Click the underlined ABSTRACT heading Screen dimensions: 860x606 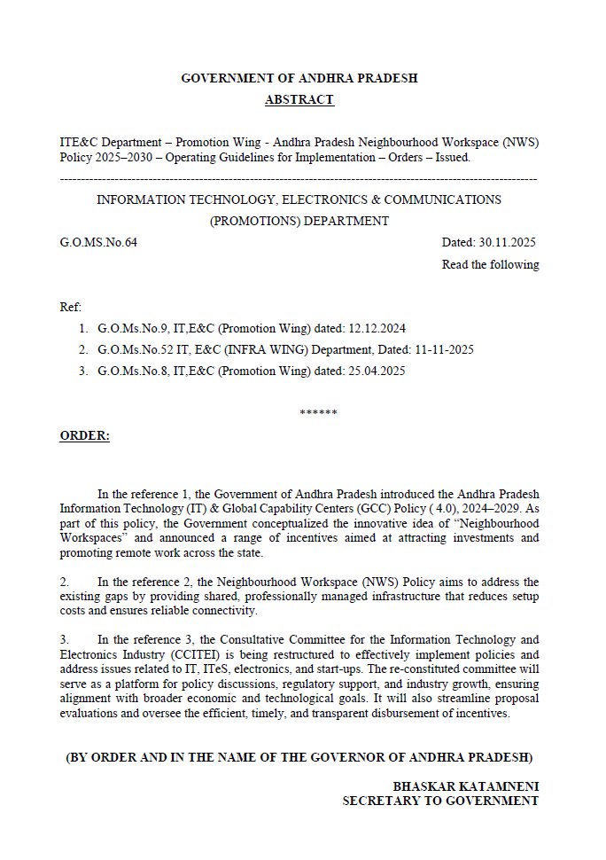[299, 99]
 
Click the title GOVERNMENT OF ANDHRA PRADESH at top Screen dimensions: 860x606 [299, 78]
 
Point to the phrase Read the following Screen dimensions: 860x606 [490, 264]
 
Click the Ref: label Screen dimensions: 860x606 [70, 306]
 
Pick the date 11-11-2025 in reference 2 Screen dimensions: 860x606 [441, 350]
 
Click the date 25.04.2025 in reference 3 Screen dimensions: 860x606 [376, 372]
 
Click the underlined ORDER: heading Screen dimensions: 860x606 [84, 436]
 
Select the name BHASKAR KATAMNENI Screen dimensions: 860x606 [466, 786]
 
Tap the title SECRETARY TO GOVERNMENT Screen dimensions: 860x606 [440, 801]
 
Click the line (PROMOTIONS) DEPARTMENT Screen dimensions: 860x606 [299, 221]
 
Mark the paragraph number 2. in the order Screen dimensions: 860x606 [65, 582]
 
